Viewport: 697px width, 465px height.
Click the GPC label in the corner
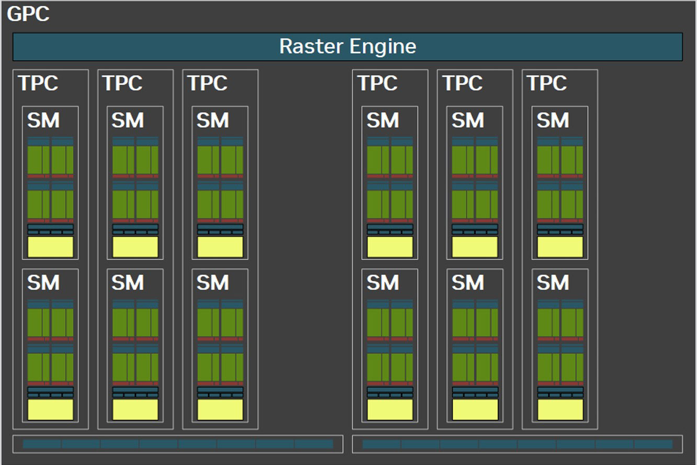[x=28, y=14]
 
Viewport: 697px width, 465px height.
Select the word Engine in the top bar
[x=383, y=47]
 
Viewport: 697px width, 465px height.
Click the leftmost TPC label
[x=38, y=83]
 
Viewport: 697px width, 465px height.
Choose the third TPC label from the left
[x=208, y=83]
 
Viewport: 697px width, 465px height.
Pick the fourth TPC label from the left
[x=378, y=83]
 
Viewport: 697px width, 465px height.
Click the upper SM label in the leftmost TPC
[x=43, y=120]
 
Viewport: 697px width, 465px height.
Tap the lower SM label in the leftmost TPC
[x=43, y=283]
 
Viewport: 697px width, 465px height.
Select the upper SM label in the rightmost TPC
[x=553, y=120]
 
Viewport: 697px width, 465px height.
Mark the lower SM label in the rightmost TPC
[x=553, y=283]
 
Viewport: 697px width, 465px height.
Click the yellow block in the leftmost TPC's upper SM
[x=50, y=247]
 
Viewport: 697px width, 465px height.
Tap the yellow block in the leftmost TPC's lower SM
[x=50, y=409]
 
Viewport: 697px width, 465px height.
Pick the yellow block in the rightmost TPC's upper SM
[x=560, y=247]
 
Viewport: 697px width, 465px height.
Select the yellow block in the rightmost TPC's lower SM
[x=560, y=409]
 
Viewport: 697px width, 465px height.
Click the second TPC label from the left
[x=122, y=83]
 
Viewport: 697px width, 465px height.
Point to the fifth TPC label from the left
[x=463, y=83]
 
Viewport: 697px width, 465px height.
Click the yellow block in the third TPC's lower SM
[x=220, y=409]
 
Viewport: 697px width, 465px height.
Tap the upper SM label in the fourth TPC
[x=383, y=120]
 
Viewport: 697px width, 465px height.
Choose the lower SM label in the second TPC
[x=128, y=283]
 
